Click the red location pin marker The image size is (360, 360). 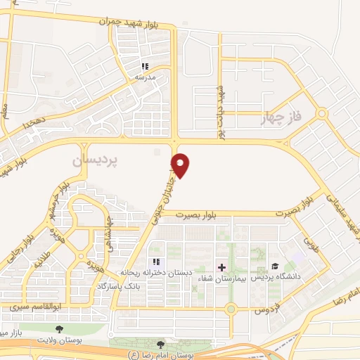pos(181,164)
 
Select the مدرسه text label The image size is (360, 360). pos(145,77)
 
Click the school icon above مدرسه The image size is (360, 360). pos(145,66)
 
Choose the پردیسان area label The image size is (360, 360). pos(97,161)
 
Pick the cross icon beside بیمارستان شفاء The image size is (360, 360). pos(222,267)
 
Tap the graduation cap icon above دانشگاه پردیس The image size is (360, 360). pos(274,266)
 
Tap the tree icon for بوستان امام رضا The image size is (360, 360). pos(161,345)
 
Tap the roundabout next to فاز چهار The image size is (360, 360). pos(321,112)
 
